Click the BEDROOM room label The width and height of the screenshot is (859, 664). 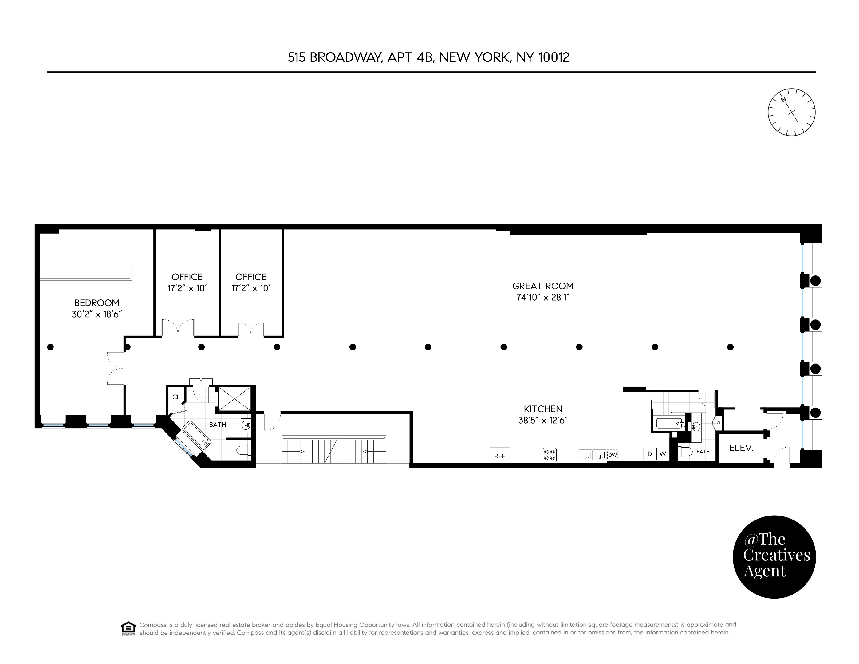coord(97,303)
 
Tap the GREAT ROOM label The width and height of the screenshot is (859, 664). coord(543,286)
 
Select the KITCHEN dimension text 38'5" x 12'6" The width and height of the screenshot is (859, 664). coord(543,421)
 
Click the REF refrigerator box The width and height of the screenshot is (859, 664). coord(499,456)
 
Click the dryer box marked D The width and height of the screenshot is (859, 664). coord(650,454)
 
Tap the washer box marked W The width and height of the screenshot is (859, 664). coord(663,454)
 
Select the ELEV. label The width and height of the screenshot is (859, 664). coord(741,448)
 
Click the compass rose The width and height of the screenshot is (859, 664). coord(791,112)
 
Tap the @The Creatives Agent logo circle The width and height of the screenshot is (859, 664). coord(774,557)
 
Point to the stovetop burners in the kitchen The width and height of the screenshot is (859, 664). coord(550,455)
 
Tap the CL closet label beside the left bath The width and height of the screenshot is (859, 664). coord(176,397)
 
